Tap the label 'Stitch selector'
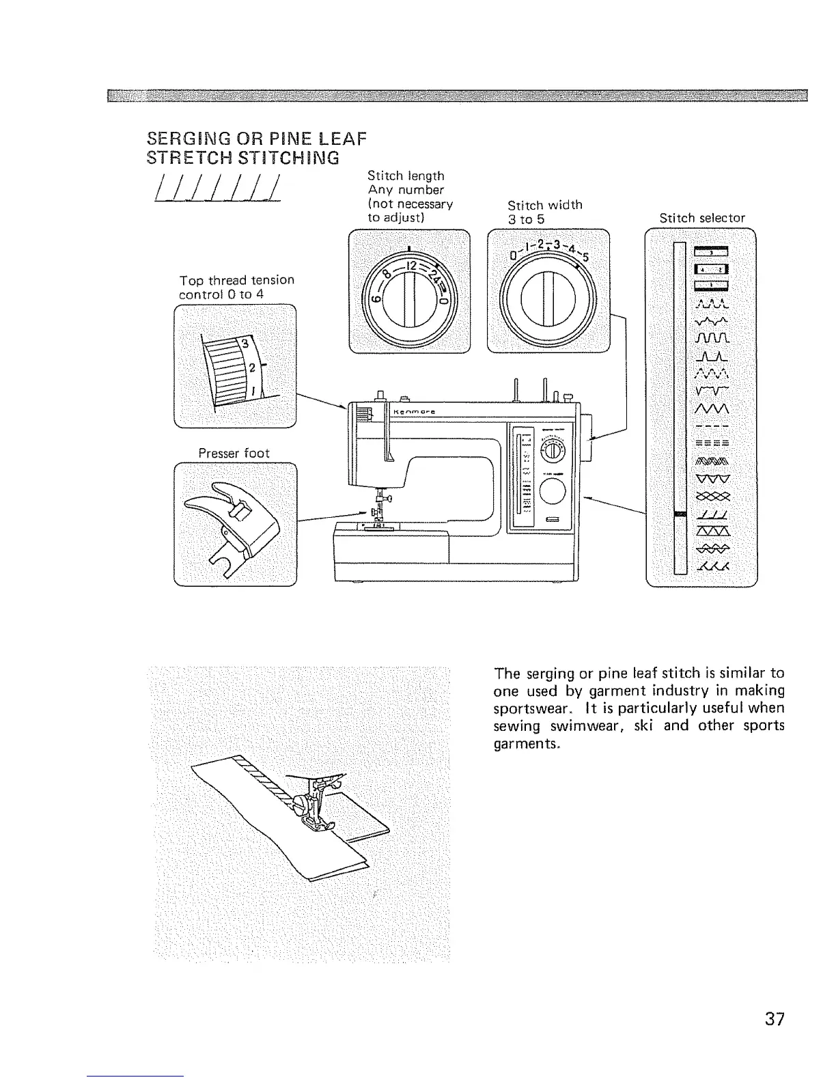coord(701,218)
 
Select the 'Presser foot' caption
coord(234,453)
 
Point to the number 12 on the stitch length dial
coord(413,265)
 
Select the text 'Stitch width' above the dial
coord(544,205)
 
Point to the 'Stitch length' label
coord(406,176)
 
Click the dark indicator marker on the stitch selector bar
coord(679,514)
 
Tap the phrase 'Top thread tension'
coord(236,280)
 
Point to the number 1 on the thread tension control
coord(254,391)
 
